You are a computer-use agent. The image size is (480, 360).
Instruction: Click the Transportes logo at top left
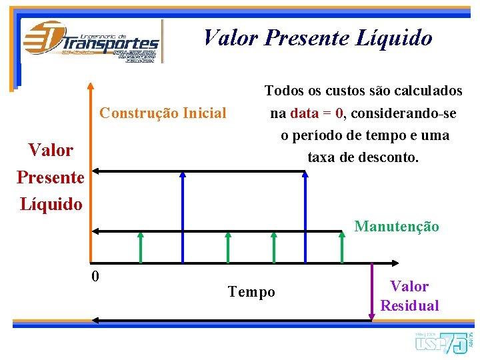(91, 41)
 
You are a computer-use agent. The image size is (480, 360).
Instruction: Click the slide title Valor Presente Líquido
(318, 38)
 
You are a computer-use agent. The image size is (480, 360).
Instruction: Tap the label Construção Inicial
(163, 113)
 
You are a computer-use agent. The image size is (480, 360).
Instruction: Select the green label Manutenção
(397, 226)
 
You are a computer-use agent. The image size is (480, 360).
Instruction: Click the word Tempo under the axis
(251, 292)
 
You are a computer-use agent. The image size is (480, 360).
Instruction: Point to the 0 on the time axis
(96, 275)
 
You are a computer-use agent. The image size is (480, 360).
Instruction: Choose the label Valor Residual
(409, 296)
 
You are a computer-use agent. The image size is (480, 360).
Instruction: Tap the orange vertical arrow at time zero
(91, 173)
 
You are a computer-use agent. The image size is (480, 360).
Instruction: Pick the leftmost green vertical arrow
(141, 247)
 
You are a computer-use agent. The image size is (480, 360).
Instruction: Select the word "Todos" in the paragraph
(285, 90)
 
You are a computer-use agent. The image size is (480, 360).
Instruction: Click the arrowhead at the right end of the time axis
(395, 263)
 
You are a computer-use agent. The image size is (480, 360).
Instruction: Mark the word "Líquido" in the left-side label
(51, 203)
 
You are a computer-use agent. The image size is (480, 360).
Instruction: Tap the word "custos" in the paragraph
(347, 90)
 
